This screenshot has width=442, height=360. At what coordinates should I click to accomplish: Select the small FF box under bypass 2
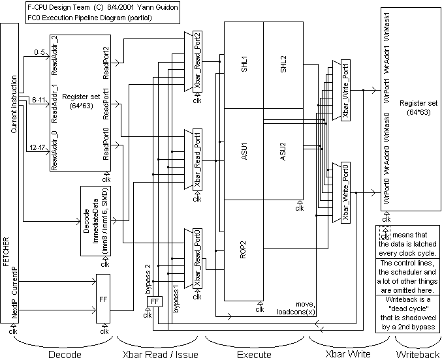click(x=155, y=302)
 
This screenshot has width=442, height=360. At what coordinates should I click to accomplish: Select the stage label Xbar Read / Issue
click(x=160, y=353)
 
